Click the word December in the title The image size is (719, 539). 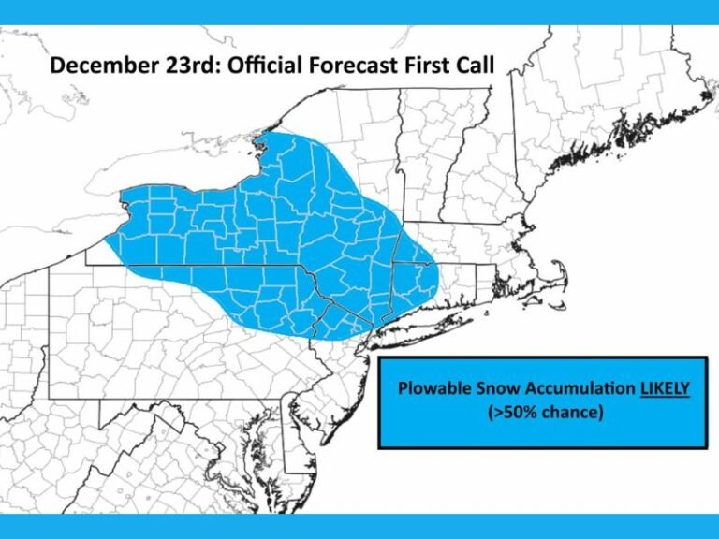coord(92,66)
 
